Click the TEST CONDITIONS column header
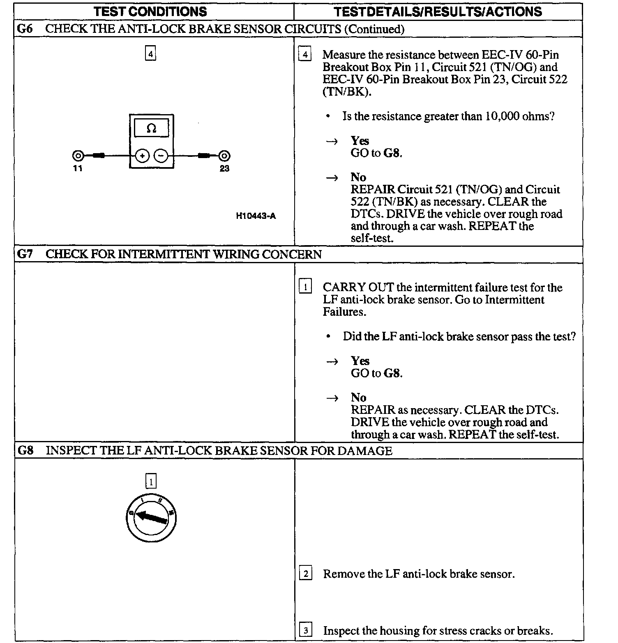pos(150,11)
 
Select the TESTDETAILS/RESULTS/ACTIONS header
pos(438,11)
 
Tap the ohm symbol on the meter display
pos(151,129)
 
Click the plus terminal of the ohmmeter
pos(142,156)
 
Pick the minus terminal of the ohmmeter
pos(161,156)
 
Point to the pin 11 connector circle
pos(78,156)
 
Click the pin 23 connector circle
pos(224,156)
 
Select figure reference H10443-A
pos(256,216)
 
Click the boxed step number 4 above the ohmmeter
pos(151,54)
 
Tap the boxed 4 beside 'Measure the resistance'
pos(304,55)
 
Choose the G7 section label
pos(25,254)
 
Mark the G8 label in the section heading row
pos(25,450)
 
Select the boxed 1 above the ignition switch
pos(151,481)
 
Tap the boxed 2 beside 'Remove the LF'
pos(305,573)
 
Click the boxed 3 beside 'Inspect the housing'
pos(305,630)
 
